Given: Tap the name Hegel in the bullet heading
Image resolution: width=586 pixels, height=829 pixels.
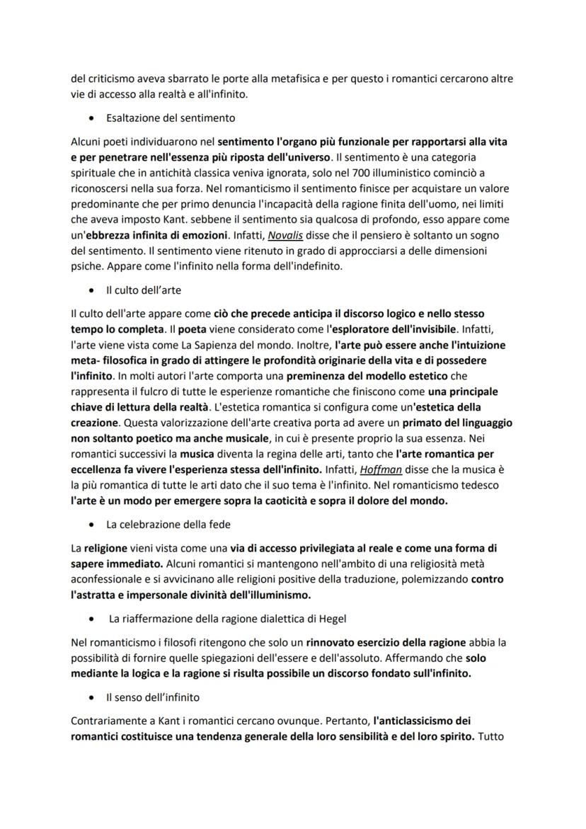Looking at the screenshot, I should tap(331, 619).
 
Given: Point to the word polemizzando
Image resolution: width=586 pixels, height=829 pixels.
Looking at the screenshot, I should tap(432, 578).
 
